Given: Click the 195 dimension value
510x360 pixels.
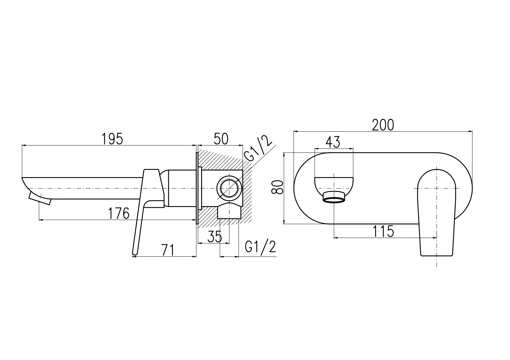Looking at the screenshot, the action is click(x=112, y=139).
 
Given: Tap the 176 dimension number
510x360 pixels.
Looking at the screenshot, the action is click(x=119, y=214).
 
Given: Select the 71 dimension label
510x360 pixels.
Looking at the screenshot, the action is click(x=168, y=250).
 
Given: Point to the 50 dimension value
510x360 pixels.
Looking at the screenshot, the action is click(x=221, y=139).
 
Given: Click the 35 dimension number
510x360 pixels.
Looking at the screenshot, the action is click(x=215, y=237).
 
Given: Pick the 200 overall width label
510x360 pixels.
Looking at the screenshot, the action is click(x=383, y=125).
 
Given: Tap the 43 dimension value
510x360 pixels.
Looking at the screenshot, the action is click(x=333, y=142).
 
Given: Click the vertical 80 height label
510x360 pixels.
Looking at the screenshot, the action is click(x=277, y=187).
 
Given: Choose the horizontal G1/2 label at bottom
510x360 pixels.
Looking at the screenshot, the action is click(x=260, y=247).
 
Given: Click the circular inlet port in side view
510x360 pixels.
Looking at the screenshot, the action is click(x=230, y=188).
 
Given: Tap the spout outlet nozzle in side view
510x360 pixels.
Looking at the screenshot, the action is click(x=40, y=197).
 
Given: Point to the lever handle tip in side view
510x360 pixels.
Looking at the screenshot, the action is click(x=134, y=252).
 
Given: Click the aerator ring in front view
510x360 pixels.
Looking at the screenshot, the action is click(x=334, y=197).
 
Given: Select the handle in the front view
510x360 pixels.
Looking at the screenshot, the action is click(x=436, y=213).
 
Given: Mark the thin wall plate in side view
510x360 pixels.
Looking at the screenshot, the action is click(x=197, y=188).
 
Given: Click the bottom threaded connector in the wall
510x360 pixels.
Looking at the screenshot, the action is click(x=229, y=211).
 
